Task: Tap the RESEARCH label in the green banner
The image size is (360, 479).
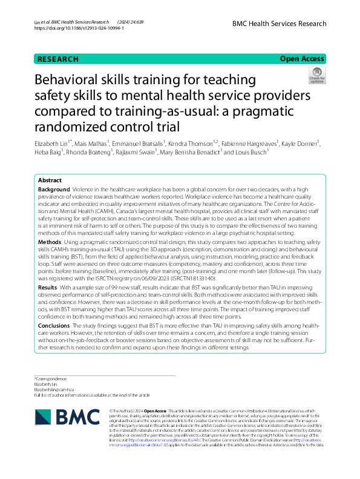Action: (57, 59)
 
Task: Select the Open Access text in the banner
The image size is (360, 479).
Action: (302, 59)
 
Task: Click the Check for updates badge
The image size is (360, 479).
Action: (316, 77)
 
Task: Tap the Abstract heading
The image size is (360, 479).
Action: (50, 180)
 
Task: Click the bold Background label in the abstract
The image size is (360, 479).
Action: (53, 190)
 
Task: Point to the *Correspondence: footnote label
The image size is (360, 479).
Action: (50, 378)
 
